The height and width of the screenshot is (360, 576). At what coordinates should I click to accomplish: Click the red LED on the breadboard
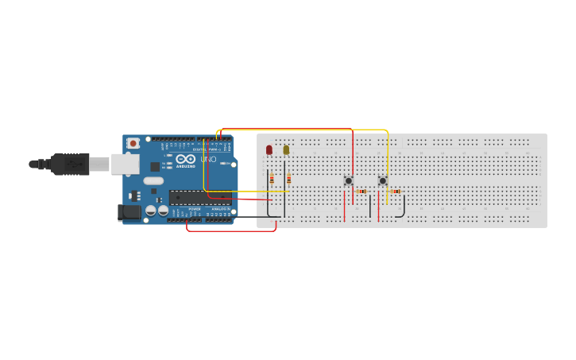point(269,149)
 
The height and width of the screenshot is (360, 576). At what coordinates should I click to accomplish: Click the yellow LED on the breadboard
point(286,149)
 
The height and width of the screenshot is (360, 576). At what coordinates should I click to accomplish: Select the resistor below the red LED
point(272,179)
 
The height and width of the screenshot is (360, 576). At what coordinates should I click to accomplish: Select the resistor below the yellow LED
point(288,179)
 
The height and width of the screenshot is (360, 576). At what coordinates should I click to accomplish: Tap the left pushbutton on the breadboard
point(348,181)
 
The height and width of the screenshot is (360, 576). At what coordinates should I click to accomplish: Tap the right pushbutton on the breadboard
point(382,181)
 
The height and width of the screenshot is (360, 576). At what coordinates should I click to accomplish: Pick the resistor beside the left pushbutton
point(361,191)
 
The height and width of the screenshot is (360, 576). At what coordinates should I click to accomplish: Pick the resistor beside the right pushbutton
point(396,191)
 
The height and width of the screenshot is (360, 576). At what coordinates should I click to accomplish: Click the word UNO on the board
point(208,160)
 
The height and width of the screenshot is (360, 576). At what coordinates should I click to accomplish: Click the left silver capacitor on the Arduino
point(150,211)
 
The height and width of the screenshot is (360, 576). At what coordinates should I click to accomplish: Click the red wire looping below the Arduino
point(230,230)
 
